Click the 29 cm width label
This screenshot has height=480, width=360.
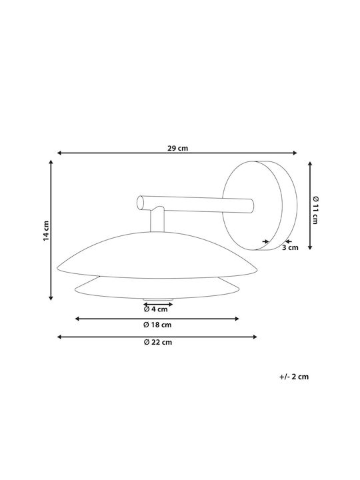click(177, 149)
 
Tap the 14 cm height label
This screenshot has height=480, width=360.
click(46, 231)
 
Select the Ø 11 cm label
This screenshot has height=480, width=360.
click(315, 210)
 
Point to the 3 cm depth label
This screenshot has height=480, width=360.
click(290, 247)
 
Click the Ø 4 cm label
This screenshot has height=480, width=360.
click(156, 309)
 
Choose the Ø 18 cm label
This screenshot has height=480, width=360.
click(157, 325)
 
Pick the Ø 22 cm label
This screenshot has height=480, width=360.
click(158, 342)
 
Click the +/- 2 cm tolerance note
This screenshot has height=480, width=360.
click(294, 377)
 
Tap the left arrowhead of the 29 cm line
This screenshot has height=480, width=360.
click(59, 153)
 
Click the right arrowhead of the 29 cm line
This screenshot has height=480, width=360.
click(295, 153)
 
